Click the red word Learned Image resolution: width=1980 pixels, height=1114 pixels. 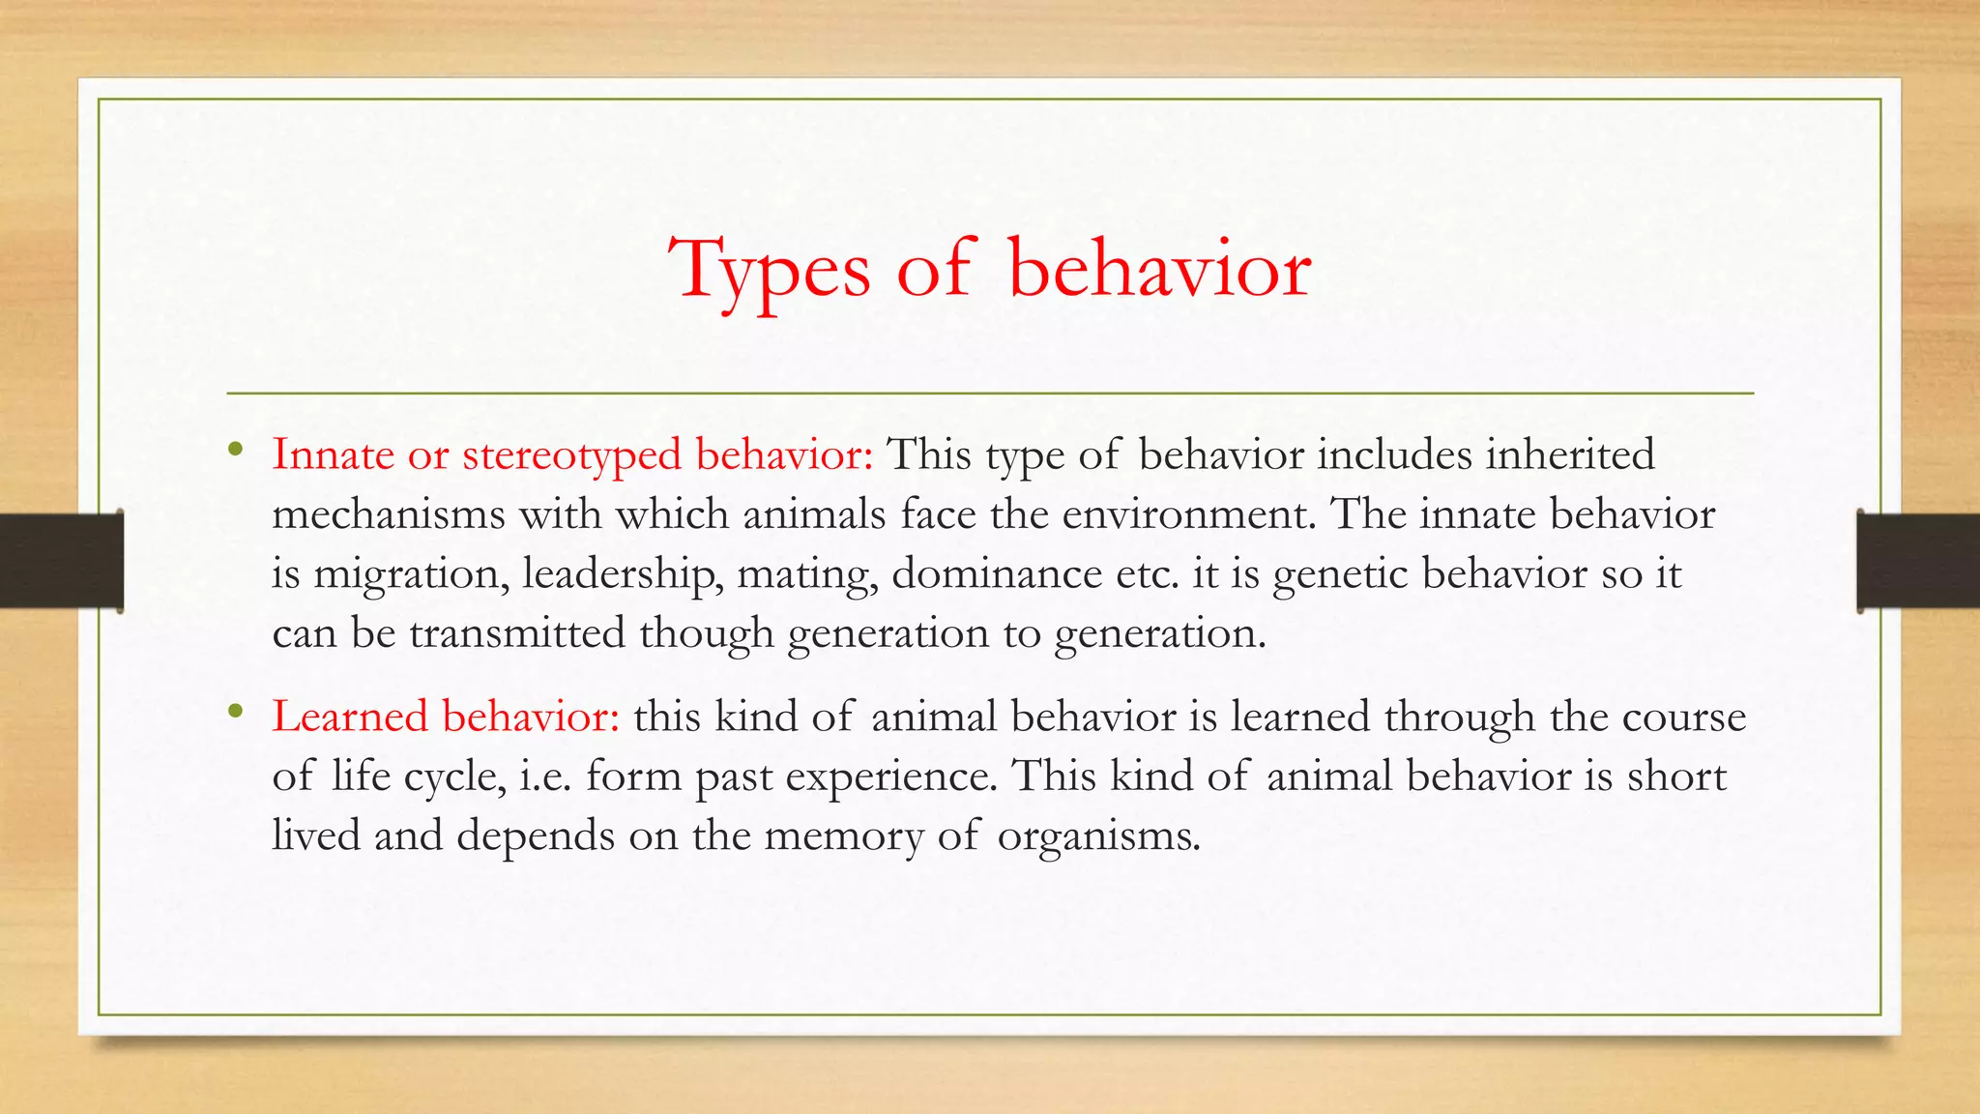[350, 717]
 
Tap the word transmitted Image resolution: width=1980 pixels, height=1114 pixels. [517, 633]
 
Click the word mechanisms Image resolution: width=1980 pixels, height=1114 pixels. [389, 514]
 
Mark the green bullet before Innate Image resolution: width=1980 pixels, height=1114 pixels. [235, 450]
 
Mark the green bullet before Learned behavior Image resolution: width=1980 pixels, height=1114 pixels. [235, 713]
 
